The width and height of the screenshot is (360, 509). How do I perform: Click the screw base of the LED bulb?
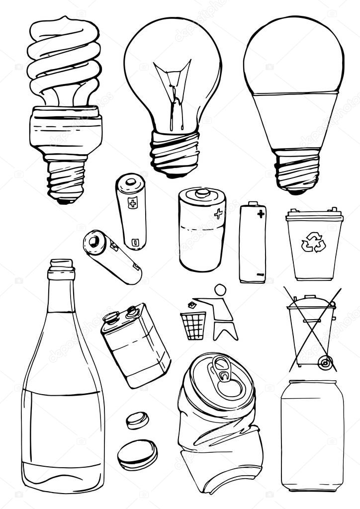297,171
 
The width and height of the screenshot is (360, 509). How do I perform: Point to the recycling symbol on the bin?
313,242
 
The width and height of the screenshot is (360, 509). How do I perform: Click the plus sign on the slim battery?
261,214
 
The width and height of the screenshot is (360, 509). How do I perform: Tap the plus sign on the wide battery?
218,214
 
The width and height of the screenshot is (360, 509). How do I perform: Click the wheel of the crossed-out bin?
326,362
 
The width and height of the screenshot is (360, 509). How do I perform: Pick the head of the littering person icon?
220,290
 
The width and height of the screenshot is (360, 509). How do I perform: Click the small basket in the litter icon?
193,326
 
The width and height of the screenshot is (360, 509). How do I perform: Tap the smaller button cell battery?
137,420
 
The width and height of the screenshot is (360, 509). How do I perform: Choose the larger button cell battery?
137,454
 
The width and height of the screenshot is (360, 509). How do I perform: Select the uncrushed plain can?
312,435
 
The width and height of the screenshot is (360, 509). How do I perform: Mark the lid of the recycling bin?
314,216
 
